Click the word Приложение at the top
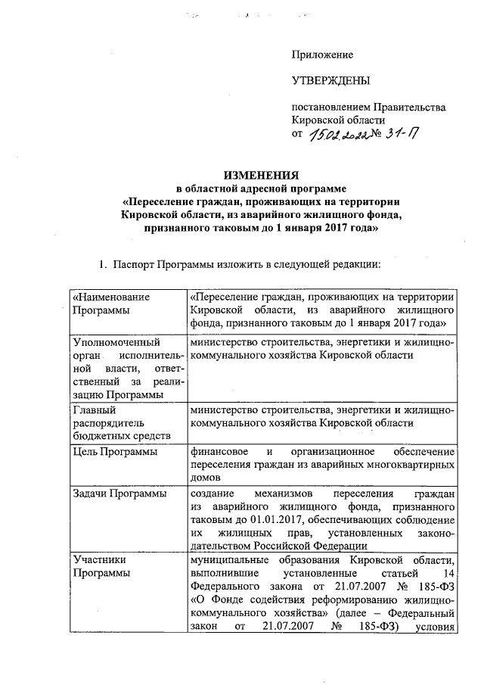[323, 55]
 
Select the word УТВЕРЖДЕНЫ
[331, 81]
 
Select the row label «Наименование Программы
[110, 304]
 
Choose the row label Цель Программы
[114, 453]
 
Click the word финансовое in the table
[220, 452]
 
